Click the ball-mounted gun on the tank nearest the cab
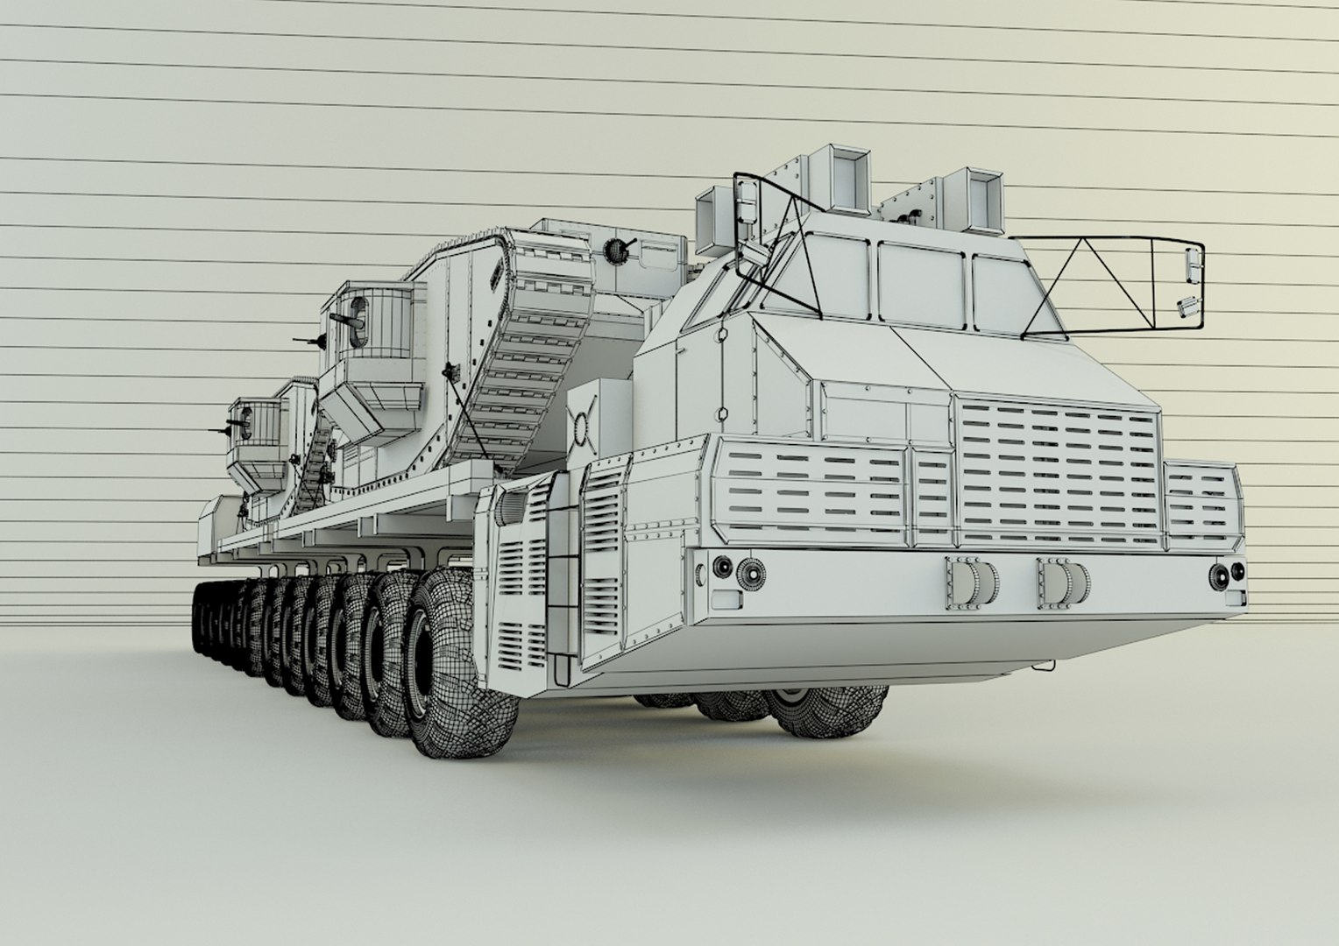619,249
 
